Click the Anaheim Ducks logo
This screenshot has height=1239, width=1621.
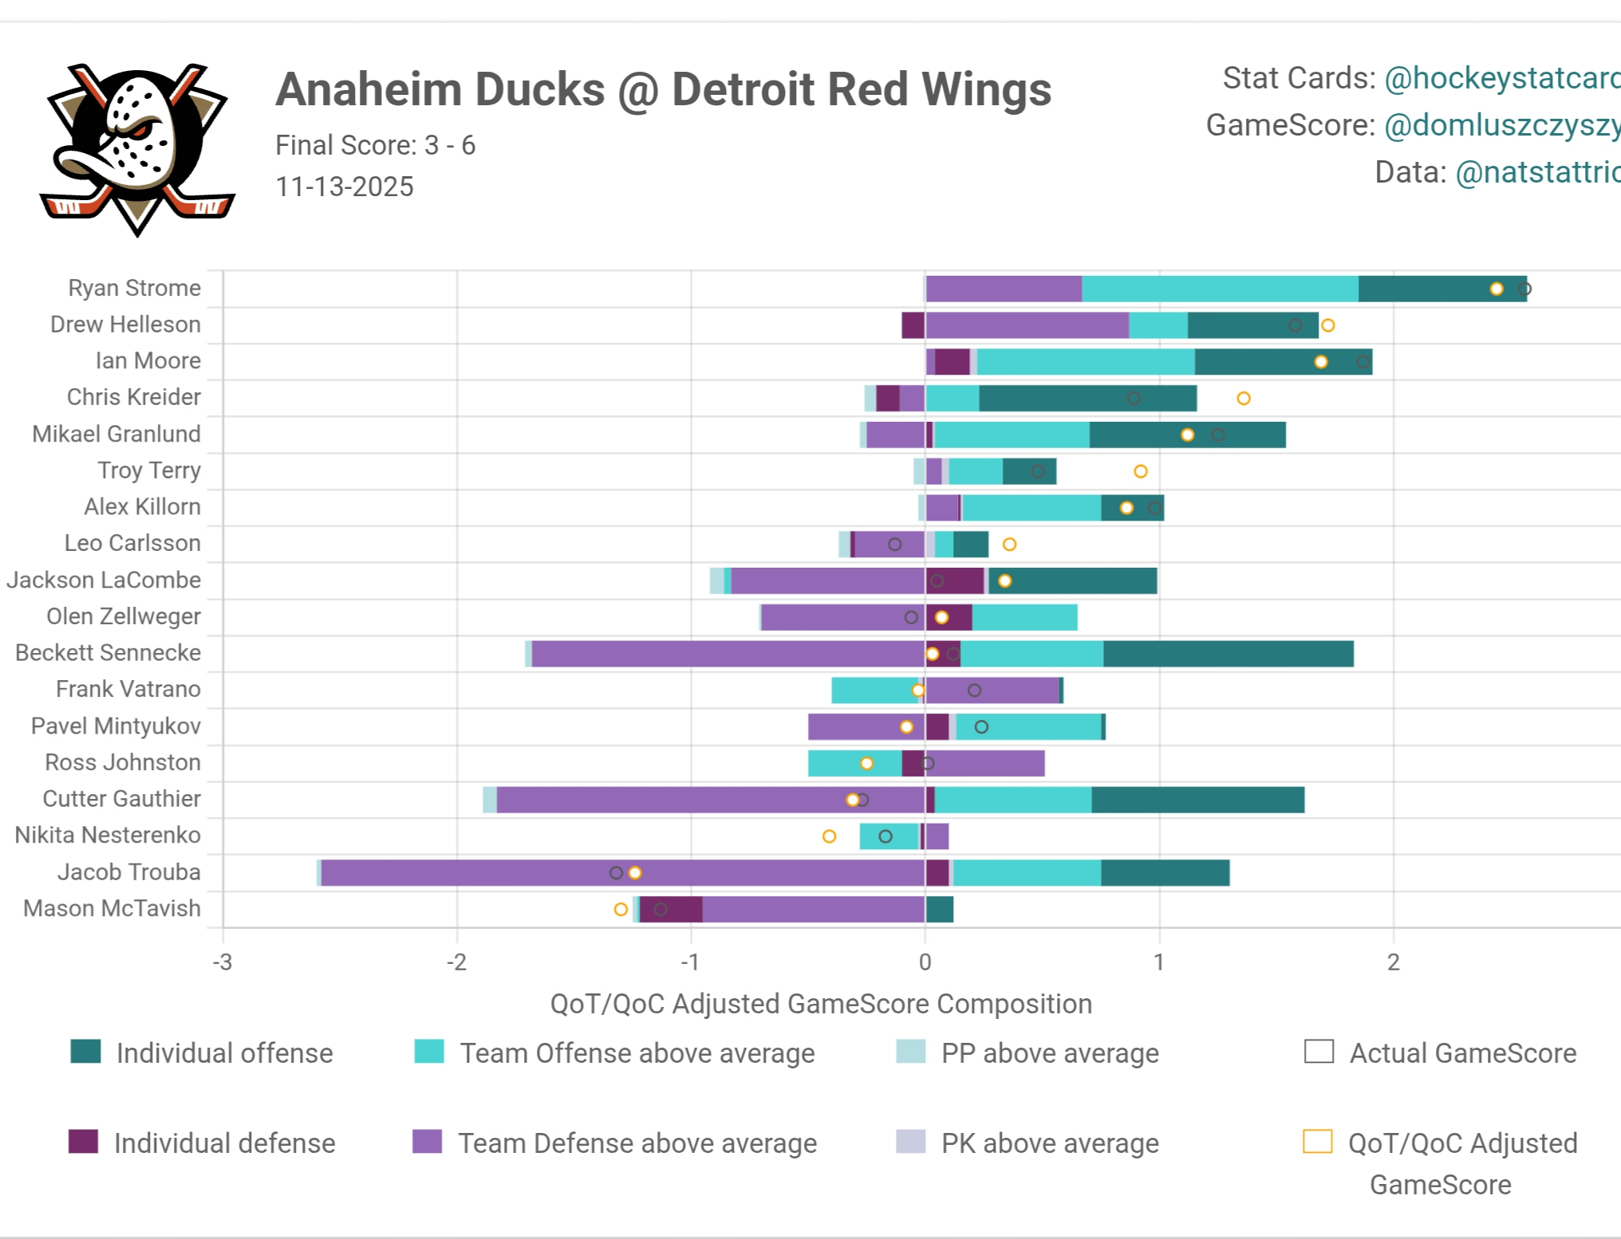pos(137,148)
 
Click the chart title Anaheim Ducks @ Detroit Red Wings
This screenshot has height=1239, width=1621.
pos(663,89)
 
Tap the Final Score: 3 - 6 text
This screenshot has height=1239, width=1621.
pos(375,145)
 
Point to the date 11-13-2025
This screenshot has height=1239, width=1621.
pos(345,187)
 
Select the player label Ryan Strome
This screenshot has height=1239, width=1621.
pos(134,288)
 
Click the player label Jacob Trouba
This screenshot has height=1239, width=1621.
pos(128,871)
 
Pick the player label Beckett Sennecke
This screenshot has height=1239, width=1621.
pos(108,652)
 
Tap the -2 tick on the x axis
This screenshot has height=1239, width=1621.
pos(456,962)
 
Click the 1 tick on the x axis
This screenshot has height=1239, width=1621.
pos(1158,962)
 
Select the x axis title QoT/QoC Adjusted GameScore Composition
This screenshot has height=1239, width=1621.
pos(821,1004)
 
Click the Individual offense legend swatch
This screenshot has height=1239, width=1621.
pos(85,1052)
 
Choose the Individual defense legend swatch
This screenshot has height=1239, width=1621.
pos(83,1142)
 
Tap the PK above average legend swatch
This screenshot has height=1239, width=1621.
pos(910,1142)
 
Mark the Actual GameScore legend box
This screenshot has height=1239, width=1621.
pos(1319,1052)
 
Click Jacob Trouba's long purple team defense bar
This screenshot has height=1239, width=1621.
pos(622,872)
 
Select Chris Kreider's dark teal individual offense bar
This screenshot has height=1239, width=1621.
pos(1087,398)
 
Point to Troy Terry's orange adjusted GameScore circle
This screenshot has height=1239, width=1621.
pos(1141,471)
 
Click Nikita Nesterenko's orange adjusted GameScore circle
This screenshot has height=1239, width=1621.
pos(829,836)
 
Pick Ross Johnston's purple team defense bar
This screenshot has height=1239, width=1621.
pos(985,763)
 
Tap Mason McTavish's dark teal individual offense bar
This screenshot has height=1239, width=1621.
pos(940,909)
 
